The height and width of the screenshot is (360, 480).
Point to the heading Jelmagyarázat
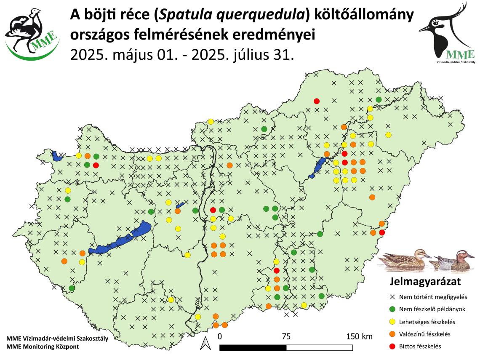pos(425,281)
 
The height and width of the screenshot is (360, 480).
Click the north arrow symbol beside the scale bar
pos(205,343)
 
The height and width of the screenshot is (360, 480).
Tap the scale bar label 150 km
pos(359,336)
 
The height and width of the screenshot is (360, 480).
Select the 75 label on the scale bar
pos(286,336)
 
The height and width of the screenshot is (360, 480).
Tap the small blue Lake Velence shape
pos(180,205)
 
